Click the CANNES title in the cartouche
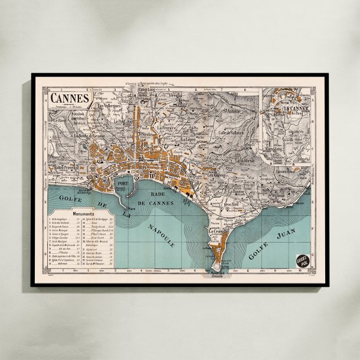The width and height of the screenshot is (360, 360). tap(70, 97)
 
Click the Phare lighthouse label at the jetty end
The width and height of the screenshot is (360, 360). tap(132, 208)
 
